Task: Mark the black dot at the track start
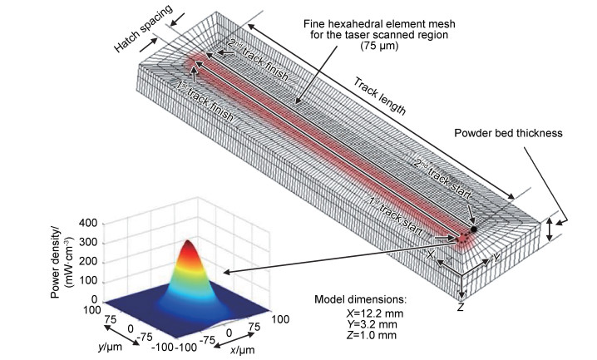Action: pos(473,229)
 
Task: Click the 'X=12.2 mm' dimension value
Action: pos(371,315)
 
